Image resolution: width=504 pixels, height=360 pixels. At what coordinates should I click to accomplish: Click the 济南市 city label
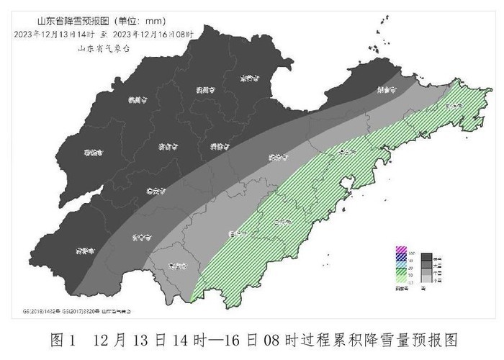pos(166,146)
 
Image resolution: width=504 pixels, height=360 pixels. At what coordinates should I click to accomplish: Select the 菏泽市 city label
pos(85,251)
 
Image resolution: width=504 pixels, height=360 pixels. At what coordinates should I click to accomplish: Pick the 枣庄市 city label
pos(177,266)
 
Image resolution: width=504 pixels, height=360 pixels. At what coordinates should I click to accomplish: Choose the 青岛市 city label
pos(348,153)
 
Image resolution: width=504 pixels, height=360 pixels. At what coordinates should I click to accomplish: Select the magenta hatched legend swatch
pos(402,255)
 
